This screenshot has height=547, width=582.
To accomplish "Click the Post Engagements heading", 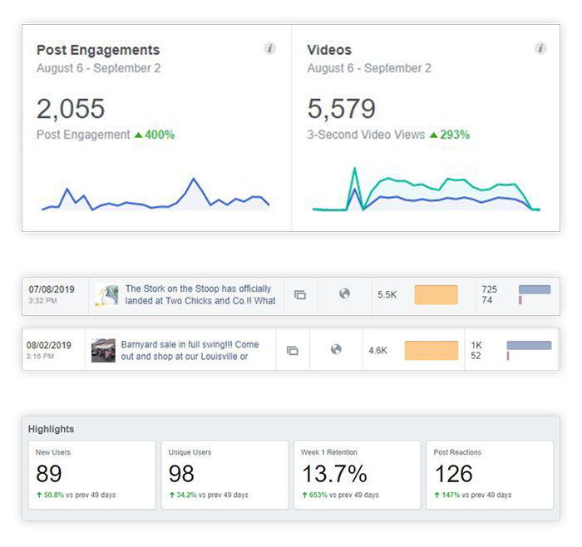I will point(98,50).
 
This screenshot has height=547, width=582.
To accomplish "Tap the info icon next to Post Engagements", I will point(270,49).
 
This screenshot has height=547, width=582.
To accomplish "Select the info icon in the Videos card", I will point(541,49).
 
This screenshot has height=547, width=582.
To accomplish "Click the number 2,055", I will point(71,109).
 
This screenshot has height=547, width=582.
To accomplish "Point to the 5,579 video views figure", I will point(341,109).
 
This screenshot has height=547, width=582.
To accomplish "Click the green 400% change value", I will point(156,135).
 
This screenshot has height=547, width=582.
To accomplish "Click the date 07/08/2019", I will point(52,289).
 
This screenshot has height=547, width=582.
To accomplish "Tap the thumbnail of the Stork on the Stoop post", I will point(106,295).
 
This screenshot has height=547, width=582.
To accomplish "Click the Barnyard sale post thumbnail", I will point(104,350).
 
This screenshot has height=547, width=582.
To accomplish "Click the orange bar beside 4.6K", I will point(431,350).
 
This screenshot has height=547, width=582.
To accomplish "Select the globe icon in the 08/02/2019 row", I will point(336,350).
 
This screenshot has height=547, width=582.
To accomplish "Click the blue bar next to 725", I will point(534,289).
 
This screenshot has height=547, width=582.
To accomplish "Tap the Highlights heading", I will point(51,429).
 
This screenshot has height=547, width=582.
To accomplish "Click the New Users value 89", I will point(50,474).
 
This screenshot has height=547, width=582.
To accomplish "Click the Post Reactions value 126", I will point(454,474).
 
